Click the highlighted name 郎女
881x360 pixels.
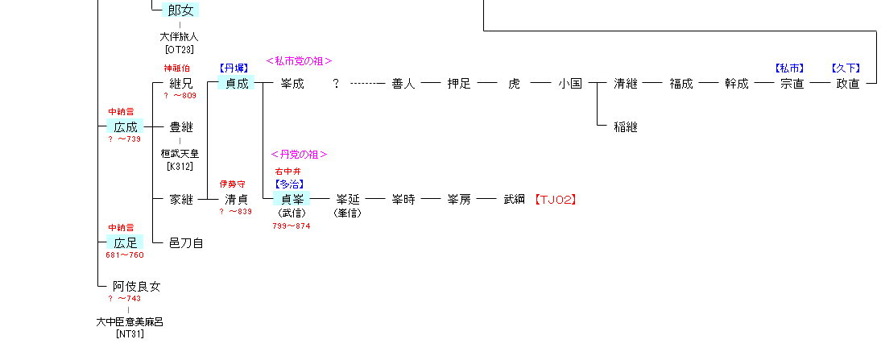pyautogui.click(x=180, y=10)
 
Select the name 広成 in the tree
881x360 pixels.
pyautogui.click(x=125, y=127)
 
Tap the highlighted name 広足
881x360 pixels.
pyautogui.click(x=125, y=242)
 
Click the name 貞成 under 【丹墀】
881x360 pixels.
pyautogui.click(x=237, y=83)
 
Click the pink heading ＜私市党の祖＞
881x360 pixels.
pyautogui.click(x=299, y=60)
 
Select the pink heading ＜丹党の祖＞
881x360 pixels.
pyautogui.click(x=299, y=155)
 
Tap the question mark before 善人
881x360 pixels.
pyautogui.click(x=336, y=83)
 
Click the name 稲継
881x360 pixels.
pyautogui.click(x=625, y=127)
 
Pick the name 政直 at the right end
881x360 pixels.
pyautogui.click(x=847, y=83)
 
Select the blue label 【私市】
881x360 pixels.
pyautogui.click(x=790, y=68)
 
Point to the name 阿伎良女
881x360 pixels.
pyautogui.click(x=136, y=286)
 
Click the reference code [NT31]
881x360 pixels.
pyautogui.click(x=129, y=333)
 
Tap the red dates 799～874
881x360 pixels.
pyautogui.click(x=291, y=226)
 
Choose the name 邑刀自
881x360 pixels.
pyautogui.click(x=186, y=242)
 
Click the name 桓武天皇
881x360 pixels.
pyautogui.click(x=180, y=154)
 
